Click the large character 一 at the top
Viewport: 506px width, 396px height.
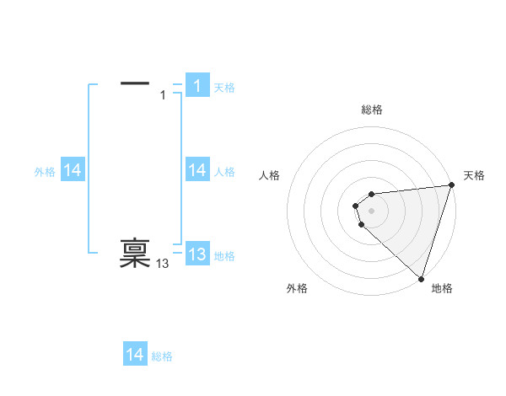coord(135,83)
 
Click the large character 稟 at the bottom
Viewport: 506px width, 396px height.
coord(135,253)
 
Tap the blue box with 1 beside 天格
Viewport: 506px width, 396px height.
coord(197,86)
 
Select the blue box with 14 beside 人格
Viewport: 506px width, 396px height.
coord(197,171)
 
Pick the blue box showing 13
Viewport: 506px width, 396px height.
coord(197,254)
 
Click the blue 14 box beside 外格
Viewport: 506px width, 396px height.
coord(72,171)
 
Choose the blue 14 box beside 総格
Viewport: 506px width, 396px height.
coord(135,355)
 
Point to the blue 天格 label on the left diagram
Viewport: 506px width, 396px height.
coord(224,88)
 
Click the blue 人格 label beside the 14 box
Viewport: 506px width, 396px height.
coord(224,172)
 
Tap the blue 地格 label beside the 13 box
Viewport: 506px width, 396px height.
coord(224,256)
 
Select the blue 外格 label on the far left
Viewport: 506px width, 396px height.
coord(45,172)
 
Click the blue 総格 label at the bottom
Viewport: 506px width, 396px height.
coord(162,356)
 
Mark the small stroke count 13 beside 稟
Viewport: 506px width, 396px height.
coord(163,265)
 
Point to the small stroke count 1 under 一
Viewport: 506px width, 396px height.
coord(163,95)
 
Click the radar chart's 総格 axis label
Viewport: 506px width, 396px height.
coord(372,110)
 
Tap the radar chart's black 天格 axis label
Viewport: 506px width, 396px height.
coord(474,175)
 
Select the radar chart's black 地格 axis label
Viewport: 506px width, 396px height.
coord(442,289)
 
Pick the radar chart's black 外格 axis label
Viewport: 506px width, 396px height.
coord(297,289)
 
